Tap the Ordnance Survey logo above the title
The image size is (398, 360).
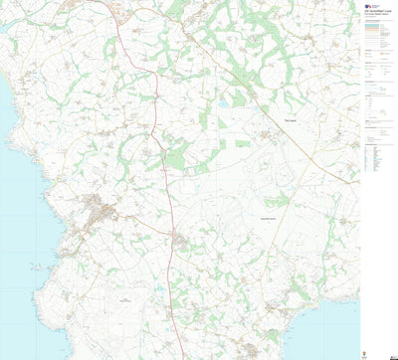368,5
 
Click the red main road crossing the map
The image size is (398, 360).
165,179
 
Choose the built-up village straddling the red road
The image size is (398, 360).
178,242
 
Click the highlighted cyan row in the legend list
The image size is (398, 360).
379,159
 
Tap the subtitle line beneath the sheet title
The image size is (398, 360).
379,14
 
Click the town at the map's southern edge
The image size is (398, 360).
257,350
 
